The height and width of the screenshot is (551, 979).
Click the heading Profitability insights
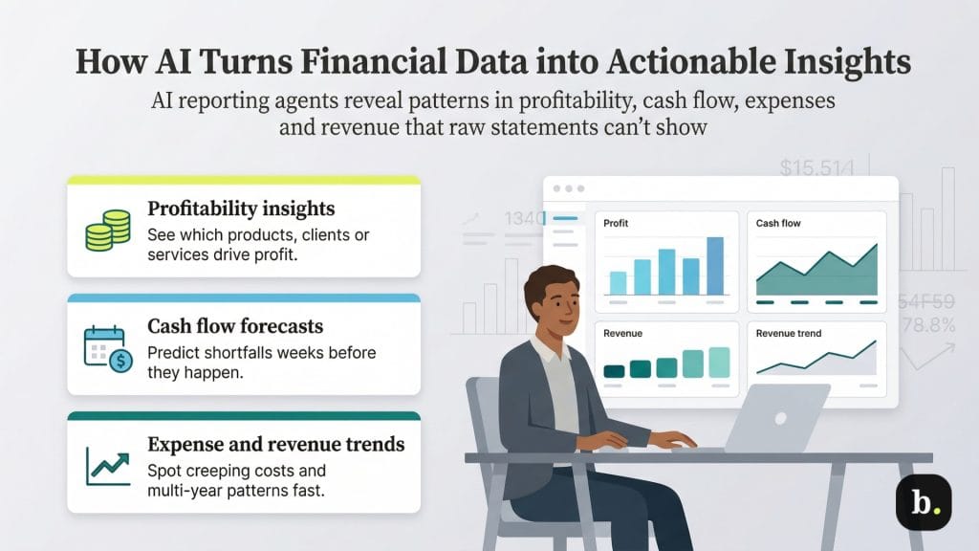click(241, 208)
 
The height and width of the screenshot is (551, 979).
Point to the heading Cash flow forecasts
click(234, 326)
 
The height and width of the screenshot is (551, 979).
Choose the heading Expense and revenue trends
click(275, 444)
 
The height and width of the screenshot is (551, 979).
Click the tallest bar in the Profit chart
click(715, 265)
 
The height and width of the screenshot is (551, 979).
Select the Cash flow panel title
click(778, 223)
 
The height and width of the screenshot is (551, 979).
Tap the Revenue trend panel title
click(788, 334)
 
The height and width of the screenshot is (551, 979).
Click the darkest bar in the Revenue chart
click(614, 370)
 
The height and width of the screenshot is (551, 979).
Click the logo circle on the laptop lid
click(779, 418)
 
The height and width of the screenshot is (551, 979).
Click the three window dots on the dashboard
click(568, 188)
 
